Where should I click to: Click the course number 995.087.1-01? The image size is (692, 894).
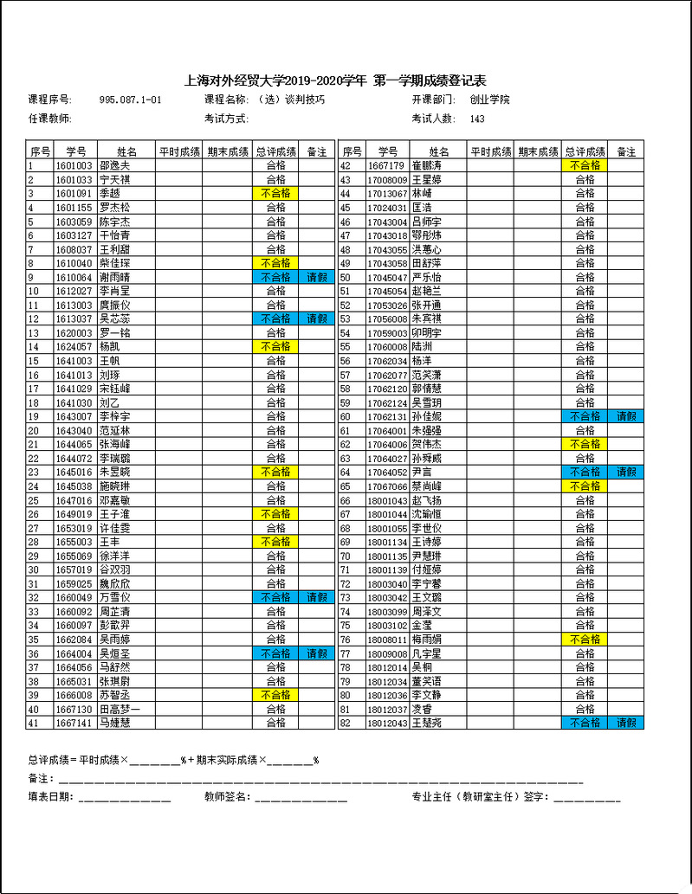click(x=131, y=100)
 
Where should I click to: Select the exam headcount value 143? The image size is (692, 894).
click(x=477, y=119)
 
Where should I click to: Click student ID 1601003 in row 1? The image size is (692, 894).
click(x=74, y=165)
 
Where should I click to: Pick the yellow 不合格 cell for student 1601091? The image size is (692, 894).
click(x=275, y=193)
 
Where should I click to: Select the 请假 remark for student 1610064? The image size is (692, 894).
click(x=316, y=277)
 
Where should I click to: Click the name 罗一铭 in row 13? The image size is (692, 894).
click(x=115, y=332)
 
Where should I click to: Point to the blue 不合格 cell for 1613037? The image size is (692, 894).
click(x=275, y=318)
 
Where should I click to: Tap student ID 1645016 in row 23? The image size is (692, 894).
click(x=74, y=472)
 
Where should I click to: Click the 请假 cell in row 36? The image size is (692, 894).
click(x=316, y=653)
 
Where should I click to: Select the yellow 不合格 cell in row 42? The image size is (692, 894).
click(x=585, y=165)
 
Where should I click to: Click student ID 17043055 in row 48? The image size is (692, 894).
click(x=387, y=249)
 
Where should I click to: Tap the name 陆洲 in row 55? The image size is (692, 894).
click(x=422, y=346)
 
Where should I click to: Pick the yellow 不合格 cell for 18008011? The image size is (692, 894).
click(x=585, y=640)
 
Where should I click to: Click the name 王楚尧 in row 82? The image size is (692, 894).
click(x=427, y=723)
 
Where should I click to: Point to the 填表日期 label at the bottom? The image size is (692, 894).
click(x=50, y=796)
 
